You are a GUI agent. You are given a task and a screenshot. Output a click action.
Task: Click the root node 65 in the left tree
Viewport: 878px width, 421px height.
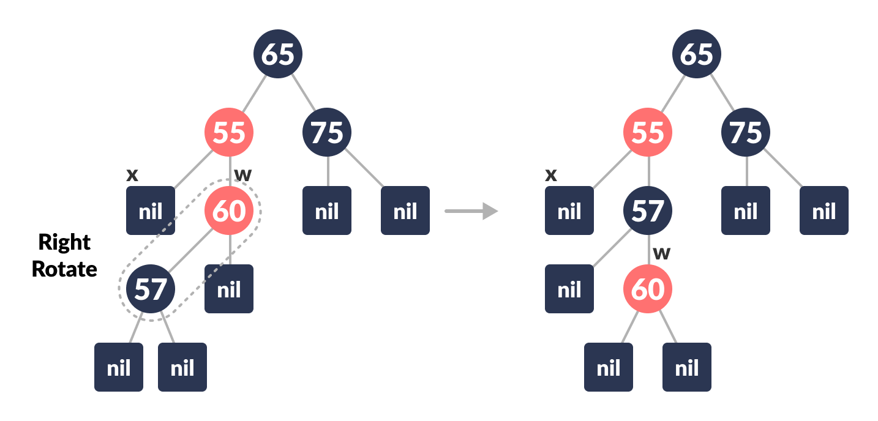tap(278, 54)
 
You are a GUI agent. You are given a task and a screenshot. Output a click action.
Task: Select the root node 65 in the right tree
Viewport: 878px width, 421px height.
tap(697, 54)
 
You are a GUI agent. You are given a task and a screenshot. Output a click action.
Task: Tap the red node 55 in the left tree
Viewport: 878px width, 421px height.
tap(229, 132)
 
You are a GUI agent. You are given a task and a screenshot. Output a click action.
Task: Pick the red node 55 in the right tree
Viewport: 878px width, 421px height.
tap(648, 132)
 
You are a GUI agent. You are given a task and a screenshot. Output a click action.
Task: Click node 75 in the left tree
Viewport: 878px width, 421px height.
tap(327, 132)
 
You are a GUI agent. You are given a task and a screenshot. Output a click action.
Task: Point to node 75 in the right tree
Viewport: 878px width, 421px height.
tap(746, 132)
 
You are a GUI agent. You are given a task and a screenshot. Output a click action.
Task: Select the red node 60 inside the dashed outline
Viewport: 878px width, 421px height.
tap(229, 210)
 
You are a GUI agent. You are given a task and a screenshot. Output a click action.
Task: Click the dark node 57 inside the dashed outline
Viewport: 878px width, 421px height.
tap(151, 288)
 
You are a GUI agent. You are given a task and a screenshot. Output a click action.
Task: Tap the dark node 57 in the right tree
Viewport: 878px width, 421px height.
tap(648, 210)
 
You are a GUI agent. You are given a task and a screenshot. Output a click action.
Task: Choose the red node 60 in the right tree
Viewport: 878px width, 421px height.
tap(648, 288)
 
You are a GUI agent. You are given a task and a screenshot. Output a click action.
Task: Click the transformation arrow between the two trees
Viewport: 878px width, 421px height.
tap(471, 211)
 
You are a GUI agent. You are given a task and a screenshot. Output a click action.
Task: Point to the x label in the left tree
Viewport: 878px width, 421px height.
tap(132, 175)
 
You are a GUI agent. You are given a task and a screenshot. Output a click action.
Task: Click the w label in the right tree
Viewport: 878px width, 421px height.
tap(662, 253)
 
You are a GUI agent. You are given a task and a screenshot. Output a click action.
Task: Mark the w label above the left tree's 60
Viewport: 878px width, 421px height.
tap(243, 174)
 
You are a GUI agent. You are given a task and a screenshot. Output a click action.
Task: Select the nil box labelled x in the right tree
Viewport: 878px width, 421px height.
tap(569, 210)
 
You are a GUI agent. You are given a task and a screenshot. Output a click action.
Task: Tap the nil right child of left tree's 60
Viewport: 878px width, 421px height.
tap(229, 289)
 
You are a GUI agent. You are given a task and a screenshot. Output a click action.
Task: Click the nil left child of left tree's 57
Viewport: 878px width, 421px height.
tap(119, 367)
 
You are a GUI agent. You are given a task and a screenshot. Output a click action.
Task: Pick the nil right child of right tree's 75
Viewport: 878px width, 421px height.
tap(824, 210)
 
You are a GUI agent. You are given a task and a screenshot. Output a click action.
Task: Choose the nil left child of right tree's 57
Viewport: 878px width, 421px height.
tap(569, 289)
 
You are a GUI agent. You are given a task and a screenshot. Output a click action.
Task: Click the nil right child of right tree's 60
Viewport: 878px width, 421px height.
tap(687, 367)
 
